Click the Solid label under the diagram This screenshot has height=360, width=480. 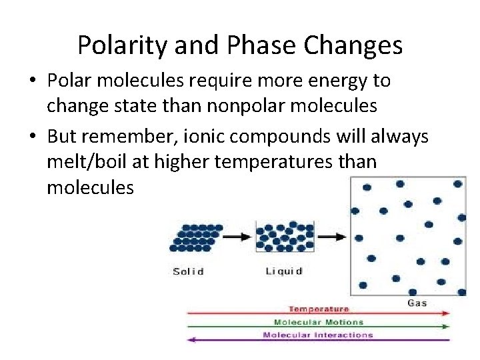tap(188, 271)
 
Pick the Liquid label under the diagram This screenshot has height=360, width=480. tap(283, 271)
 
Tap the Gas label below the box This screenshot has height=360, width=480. tap(417, 303)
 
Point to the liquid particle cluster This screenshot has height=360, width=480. tap(285, 237)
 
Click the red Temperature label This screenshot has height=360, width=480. tap(318, 309)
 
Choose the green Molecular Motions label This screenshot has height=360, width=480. tap(318, 322)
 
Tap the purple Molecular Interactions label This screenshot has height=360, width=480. tap(318, 335)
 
